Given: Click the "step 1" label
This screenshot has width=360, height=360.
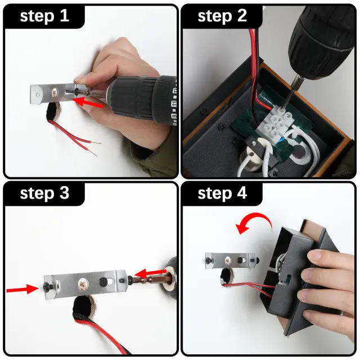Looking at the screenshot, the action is [44, 16].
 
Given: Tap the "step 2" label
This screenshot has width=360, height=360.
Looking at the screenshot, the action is [222, 16].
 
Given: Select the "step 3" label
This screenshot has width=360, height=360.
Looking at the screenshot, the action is [44, 193].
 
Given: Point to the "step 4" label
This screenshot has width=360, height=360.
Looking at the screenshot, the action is [222, 193].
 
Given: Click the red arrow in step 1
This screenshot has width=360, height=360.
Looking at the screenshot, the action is [88, 102].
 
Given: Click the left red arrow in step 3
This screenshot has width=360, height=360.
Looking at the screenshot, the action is [22, 289].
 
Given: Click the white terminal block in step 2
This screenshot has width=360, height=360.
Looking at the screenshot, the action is [275, 124].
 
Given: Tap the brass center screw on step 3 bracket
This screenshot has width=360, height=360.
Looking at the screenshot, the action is [83, 284].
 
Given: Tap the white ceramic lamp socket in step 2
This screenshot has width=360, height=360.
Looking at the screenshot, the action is [250, 161].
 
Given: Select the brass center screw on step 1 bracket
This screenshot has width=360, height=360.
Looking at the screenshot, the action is [55, 92].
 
